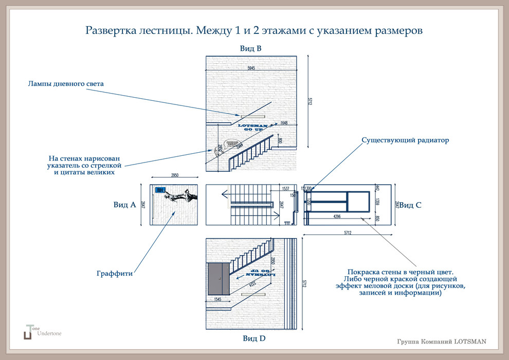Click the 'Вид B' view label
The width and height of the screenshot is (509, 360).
pos(251,48)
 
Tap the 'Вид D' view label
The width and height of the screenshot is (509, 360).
pos(254,338)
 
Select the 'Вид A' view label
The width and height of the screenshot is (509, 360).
pos(124,205)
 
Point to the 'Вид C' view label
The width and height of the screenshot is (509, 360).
pos(410,205)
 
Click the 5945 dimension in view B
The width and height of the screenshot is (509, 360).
pos(251,68)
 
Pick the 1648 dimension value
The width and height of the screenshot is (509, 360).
pos(284,123)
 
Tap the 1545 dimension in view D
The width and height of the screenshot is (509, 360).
pos(217,299)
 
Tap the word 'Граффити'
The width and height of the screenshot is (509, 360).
pos(115,274)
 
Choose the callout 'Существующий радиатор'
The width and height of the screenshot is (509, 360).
pos(405,140)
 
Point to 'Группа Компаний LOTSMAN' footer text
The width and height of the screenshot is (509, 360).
pos(441,341)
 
